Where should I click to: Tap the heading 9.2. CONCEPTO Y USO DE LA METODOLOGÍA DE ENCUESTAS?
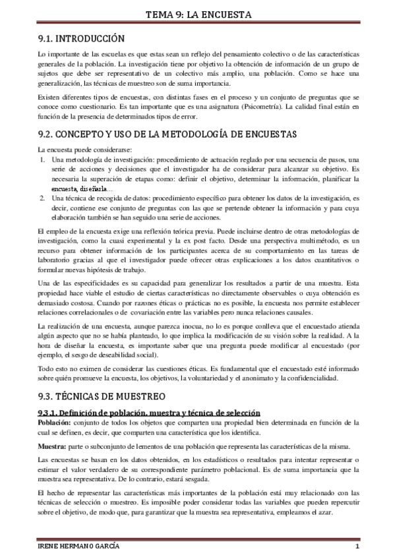[167, 134]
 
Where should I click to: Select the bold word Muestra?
[53, 446]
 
